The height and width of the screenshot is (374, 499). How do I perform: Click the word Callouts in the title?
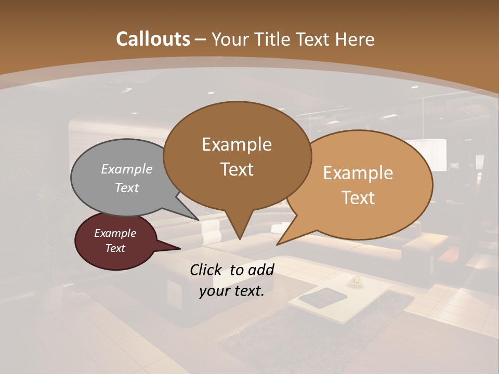point(153,39)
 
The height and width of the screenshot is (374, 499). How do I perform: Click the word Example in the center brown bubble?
point(237,144)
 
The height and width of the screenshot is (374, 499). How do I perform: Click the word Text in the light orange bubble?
point(358,197)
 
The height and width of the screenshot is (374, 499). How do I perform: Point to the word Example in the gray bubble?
point(127,169)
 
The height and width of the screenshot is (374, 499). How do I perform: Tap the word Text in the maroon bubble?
point(115,248)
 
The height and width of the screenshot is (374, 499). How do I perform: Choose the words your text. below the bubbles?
point(232,291)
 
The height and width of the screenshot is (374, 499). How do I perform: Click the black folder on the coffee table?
point(323,298)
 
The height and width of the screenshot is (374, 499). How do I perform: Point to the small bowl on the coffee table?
point(356,281)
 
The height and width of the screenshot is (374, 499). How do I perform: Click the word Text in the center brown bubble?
point(237,169)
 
